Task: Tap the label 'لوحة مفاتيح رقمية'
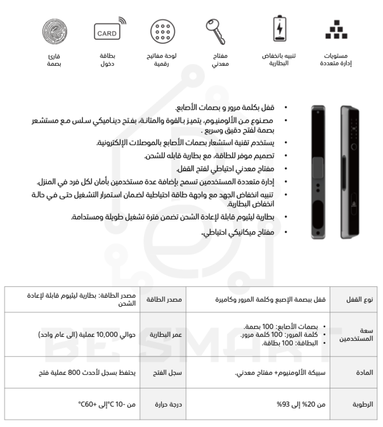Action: coord(162,60)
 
